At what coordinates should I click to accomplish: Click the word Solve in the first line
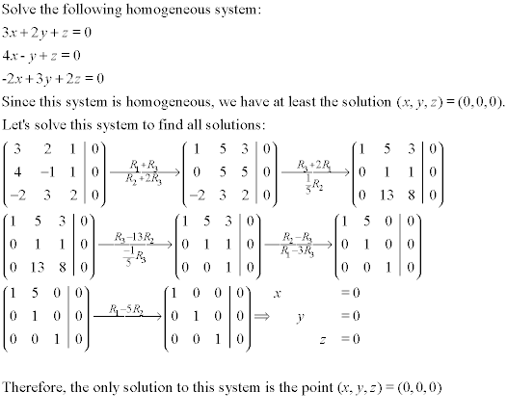20,11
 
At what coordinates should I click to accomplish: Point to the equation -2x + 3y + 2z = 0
53,78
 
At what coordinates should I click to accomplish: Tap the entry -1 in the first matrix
57,170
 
